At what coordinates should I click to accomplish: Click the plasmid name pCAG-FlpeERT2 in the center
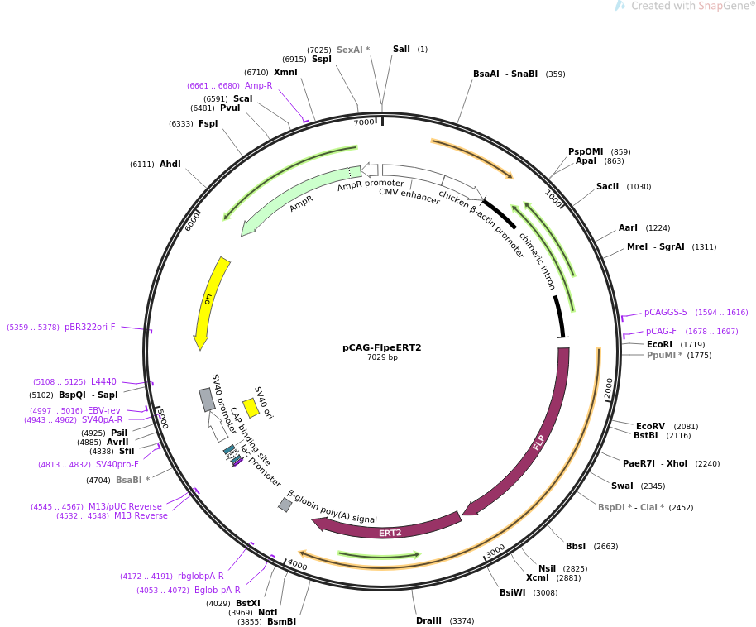point(381,347)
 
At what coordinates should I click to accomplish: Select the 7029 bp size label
point(382,357)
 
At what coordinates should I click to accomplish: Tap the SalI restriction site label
point(401,50)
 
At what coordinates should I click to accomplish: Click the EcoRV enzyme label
point(650,427)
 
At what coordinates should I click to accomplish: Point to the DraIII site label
point(428,620)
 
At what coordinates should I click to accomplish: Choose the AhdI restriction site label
point(170,165)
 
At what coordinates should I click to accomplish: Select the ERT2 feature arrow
point(389,529)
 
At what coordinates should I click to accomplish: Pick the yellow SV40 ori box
point(251,408)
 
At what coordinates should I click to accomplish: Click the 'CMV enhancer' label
point(409,197)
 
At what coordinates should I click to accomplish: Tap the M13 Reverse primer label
point(141,516)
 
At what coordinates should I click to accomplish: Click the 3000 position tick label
point(495,551)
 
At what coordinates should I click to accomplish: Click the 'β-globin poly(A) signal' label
point(332,506)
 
